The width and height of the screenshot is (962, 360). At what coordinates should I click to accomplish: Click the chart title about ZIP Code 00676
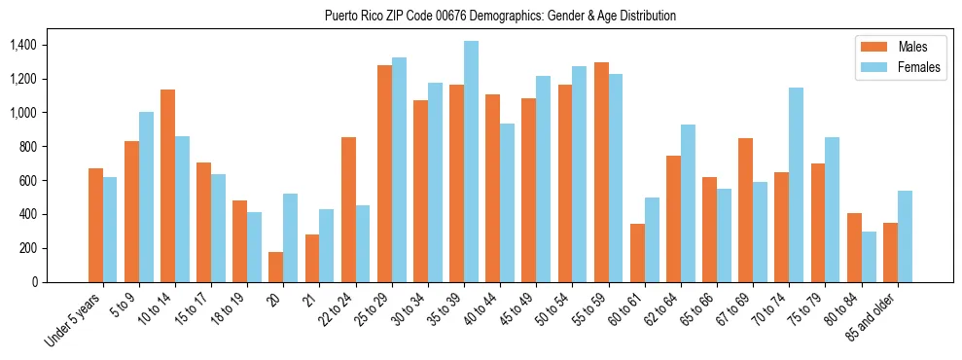(x=499, y=16)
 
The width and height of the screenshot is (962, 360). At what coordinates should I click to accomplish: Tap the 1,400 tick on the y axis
(x=20, y=45)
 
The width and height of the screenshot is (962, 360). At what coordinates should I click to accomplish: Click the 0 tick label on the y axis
(x=35, y=282)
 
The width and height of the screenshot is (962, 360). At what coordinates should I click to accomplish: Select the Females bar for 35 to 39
(x=471, y=162)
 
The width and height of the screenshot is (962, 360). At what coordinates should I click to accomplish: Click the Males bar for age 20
(x=276, y=267)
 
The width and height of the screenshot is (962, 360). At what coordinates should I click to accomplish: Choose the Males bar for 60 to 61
(x=637, y=253)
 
